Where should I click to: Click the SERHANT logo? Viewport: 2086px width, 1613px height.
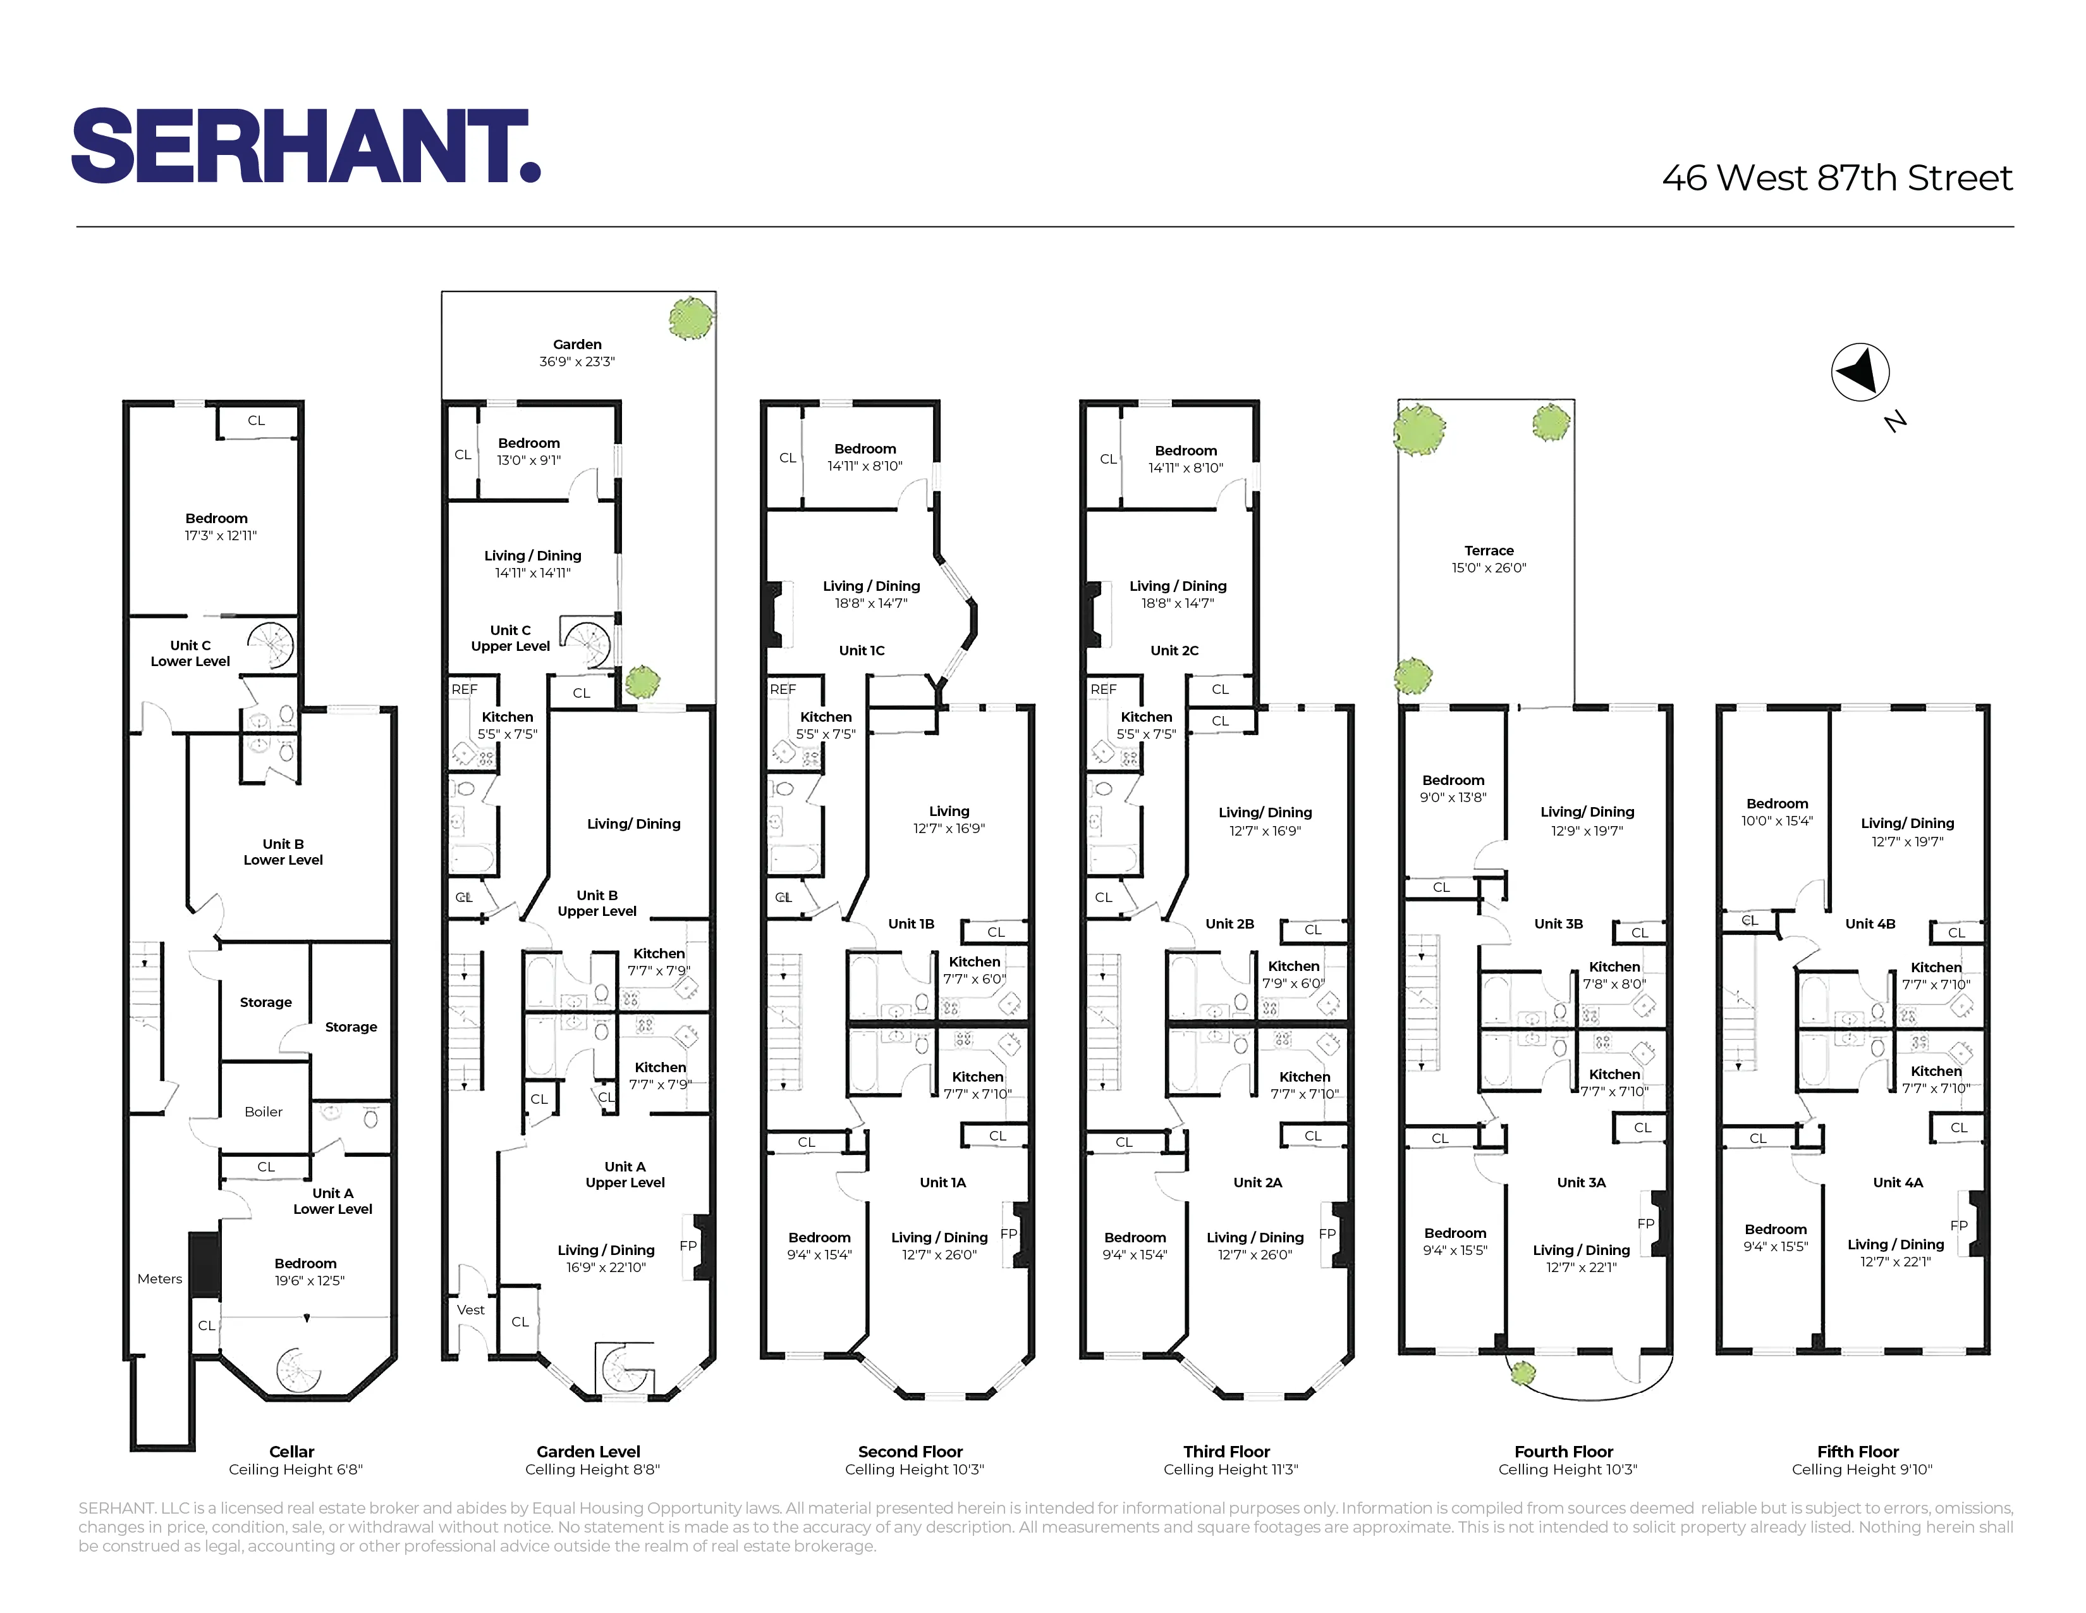[x=306, y=145]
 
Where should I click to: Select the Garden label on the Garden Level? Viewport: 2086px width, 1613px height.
[x=577, y=345]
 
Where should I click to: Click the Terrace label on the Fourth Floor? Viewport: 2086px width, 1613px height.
[x=1488, y=550]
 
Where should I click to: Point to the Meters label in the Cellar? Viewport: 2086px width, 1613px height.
[x=159, y=1278]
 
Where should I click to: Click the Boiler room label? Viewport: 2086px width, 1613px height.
[x=264, y=1111]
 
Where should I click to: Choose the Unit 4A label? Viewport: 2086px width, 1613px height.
[x=1898, y=1182]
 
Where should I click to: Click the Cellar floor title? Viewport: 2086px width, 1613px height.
[x=291, y=1450]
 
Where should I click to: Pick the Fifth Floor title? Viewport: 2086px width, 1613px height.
[x=1858, y=1450]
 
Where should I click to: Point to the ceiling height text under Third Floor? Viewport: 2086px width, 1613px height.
[x=1230, y=1469]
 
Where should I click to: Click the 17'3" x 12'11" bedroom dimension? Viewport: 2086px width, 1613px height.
[x=221, y=536]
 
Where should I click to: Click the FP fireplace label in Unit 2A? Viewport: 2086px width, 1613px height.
[x=1327, y=1233]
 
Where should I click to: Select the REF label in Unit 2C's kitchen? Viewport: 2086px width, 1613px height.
[x=1103, y=689]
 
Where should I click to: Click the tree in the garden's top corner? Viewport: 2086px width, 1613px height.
[x=690, y=318]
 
